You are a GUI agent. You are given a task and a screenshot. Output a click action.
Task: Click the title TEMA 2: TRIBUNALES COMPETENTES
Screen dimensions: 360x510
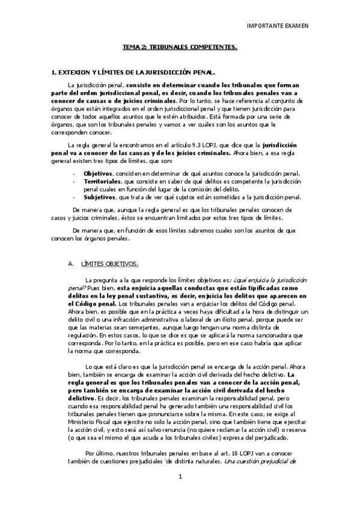(180, 46)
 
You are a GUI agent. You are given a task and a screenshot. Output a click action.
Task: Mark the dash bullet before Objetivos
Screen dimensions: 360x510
(73, 173)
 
